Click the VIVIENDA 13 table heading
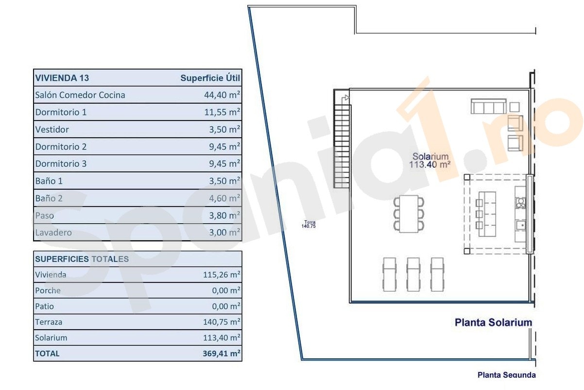click(62, 78)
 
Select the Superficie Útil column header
click(210, 78)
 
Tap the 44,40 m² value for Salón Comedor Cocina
click(222, 95)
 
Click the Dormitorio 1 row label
click(61, 112)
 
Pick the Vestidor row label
click(52, 129)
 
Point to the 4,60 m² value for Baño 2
click(224, 198)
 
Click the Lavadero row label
click(53, 232)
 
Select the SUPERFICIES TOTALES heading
click(82, 259)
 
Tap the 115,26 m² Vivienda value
click(222, 275)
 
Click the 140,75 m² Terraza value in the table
click(222, 322)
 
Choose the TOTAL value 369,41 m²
click(222, 354)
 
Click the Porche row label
click(48, 290)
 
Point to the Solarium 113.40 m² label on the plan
click(430, 160)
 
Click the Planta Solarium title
click(493, 322)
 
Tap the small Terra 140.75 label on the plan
click(309, 224)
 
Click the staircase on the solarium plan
click(342, 139)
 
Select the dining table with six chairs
click(409, 214)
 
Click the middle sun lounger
click(413, 274)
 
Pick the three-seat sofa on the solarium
click(489, 106)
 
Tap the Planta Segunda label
click(507, 375)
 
